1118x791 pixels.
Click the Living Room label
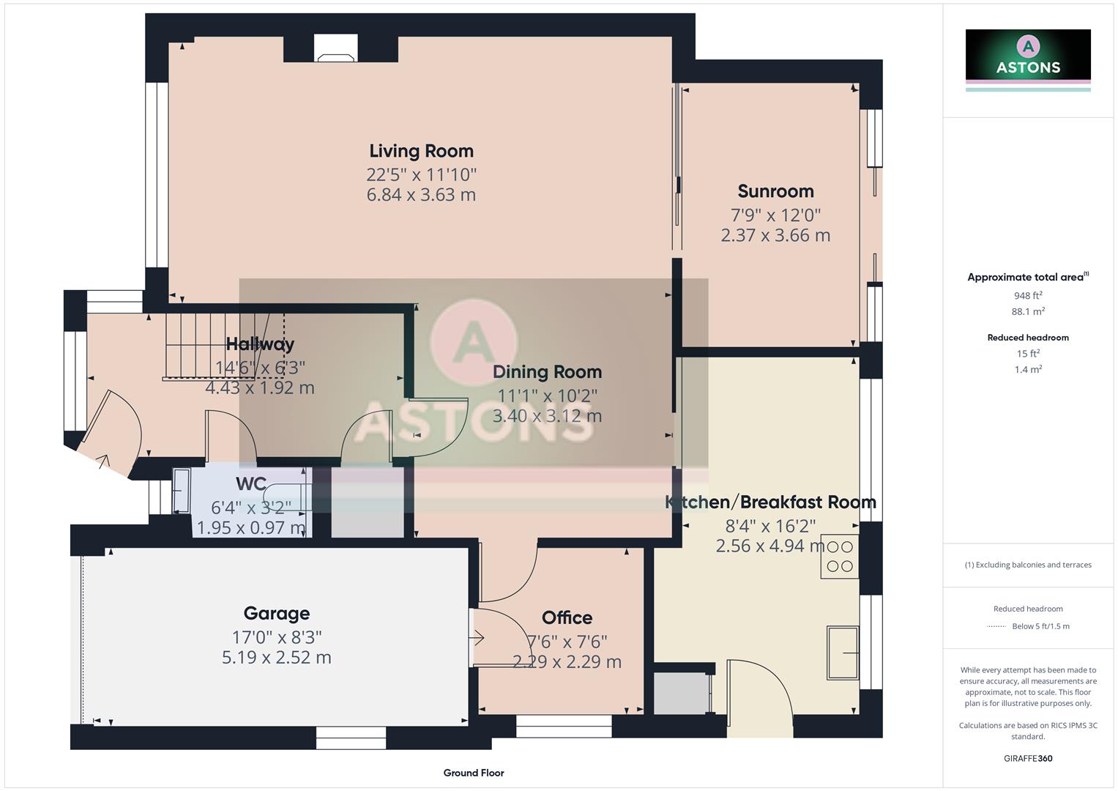421,151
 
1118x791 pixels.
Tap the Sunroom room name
775,191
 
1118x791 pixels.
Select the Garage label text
276,613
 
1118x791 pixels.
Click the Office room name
567,617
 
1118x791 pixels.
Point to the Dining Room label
547,372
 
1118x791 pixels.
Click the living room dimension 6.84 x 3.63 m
421,195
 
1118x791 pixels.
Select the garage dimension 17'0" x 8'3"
276,637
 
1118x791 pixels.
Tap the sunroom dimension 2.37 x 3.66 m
775,235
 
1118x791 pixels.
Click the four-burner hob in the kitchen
839,557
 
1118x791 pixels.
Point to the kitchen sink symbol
843,652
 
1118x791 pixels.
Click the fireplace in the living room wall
336,48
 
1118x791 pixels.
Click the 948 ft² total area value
1028,296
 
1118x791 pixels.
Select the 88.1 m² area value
1028,311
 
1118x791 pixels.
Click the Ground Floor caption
474,773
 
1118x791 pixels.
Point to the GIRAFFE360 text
1028,758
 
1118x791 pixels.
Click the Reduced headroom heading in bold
1028,338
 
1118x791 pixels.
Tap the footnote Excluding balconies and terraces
1028,565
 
